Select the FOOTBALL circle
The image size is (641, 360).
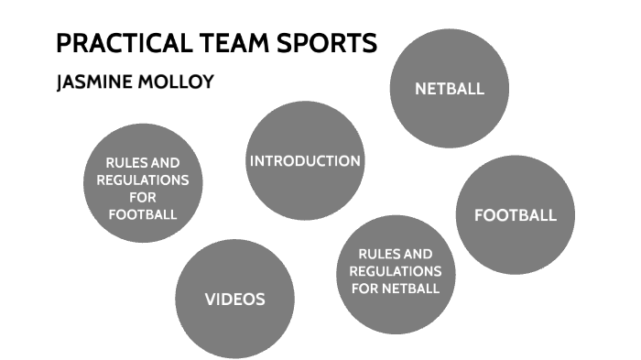click(x=515, y=214)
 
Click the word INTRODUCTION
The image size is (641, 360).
click(x=305, y=160)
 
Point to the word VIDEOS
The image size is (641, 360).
click(x=234, y=299)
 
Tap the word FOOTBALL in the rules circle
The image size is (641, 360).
click(x=142, y=214)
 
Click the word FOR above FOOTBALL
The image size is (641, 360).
click(x=142, y=198)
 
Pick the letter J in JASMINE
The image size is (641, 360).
click(x=60, y=82)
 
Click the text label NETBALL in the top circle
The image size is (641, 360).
click(x=449, y=89)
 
